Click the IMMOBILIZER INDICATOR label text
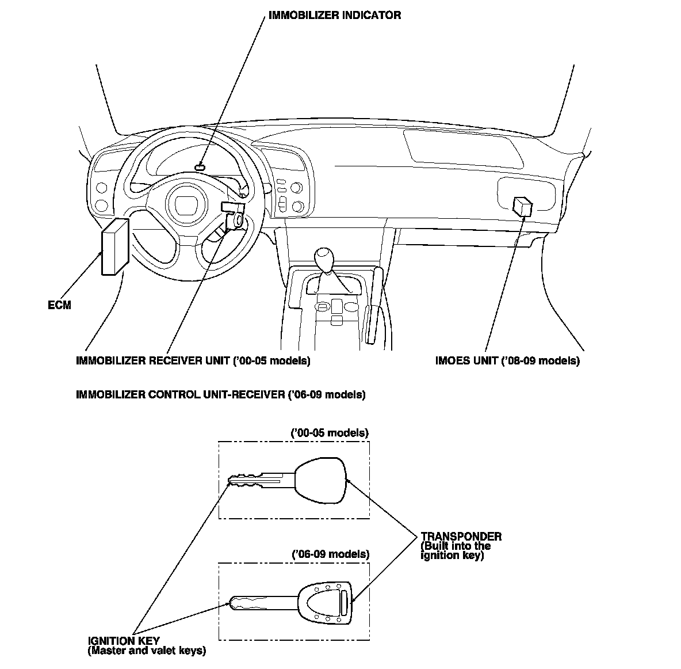click(335, 16)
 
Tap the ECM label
click(59, 305)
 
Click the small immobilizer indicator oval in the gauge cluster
click(200, 166)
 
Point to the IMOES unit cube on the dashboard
click(522, 206)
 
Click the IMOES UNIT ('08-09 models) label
click(507, 361)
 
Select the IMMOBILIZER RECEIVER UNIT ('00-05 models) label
click(193, 361)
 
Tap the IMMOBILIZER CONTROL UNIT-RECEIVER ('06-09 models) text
click(220, 395)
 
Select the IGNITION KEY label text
click(124, 641)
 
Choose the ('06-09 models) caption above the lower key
click(330, 554)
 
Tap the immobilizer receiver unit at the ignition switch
click(235, 214)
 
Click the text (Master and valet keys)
click(147, 651)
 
